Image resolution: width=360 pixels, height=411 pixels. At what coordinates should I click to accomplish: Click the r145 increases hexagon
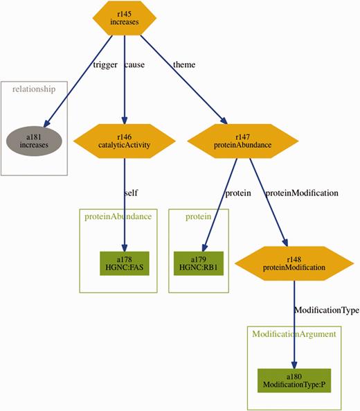(124, 18)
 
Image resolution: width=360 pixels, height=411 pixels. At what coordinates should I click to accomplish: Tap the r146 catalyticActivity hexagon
(124, 141)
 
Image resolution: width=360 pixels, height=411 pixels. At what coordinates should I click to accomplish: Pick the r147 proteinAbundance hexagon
(237, 141)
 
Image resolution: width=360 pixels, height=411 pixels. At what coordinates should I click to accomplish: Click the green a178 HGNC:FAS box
(124, 263)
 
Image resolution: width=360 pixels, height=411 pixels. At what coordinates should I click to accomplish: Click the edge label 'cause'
(136, 64)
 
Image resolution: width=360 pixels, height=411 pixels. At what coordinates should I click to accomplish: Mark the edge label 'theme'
(184, 64)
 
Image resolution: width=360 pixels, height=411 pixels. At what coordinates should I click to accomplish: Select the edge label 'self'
(132, 193)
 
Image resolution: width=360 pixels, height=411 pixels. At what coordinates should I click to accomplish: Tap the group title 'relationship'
(35, 89)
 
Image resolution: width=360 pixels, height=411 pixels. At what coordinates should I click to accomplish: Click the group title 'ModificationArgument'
(294, 334)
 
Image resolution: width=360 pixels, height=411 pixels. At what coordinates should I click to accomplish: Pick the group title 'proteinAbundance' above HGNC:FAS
(118, 216)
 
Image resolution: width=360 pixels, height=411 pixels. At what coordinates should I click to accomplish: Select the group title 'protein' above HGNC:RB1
(199, 216)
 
